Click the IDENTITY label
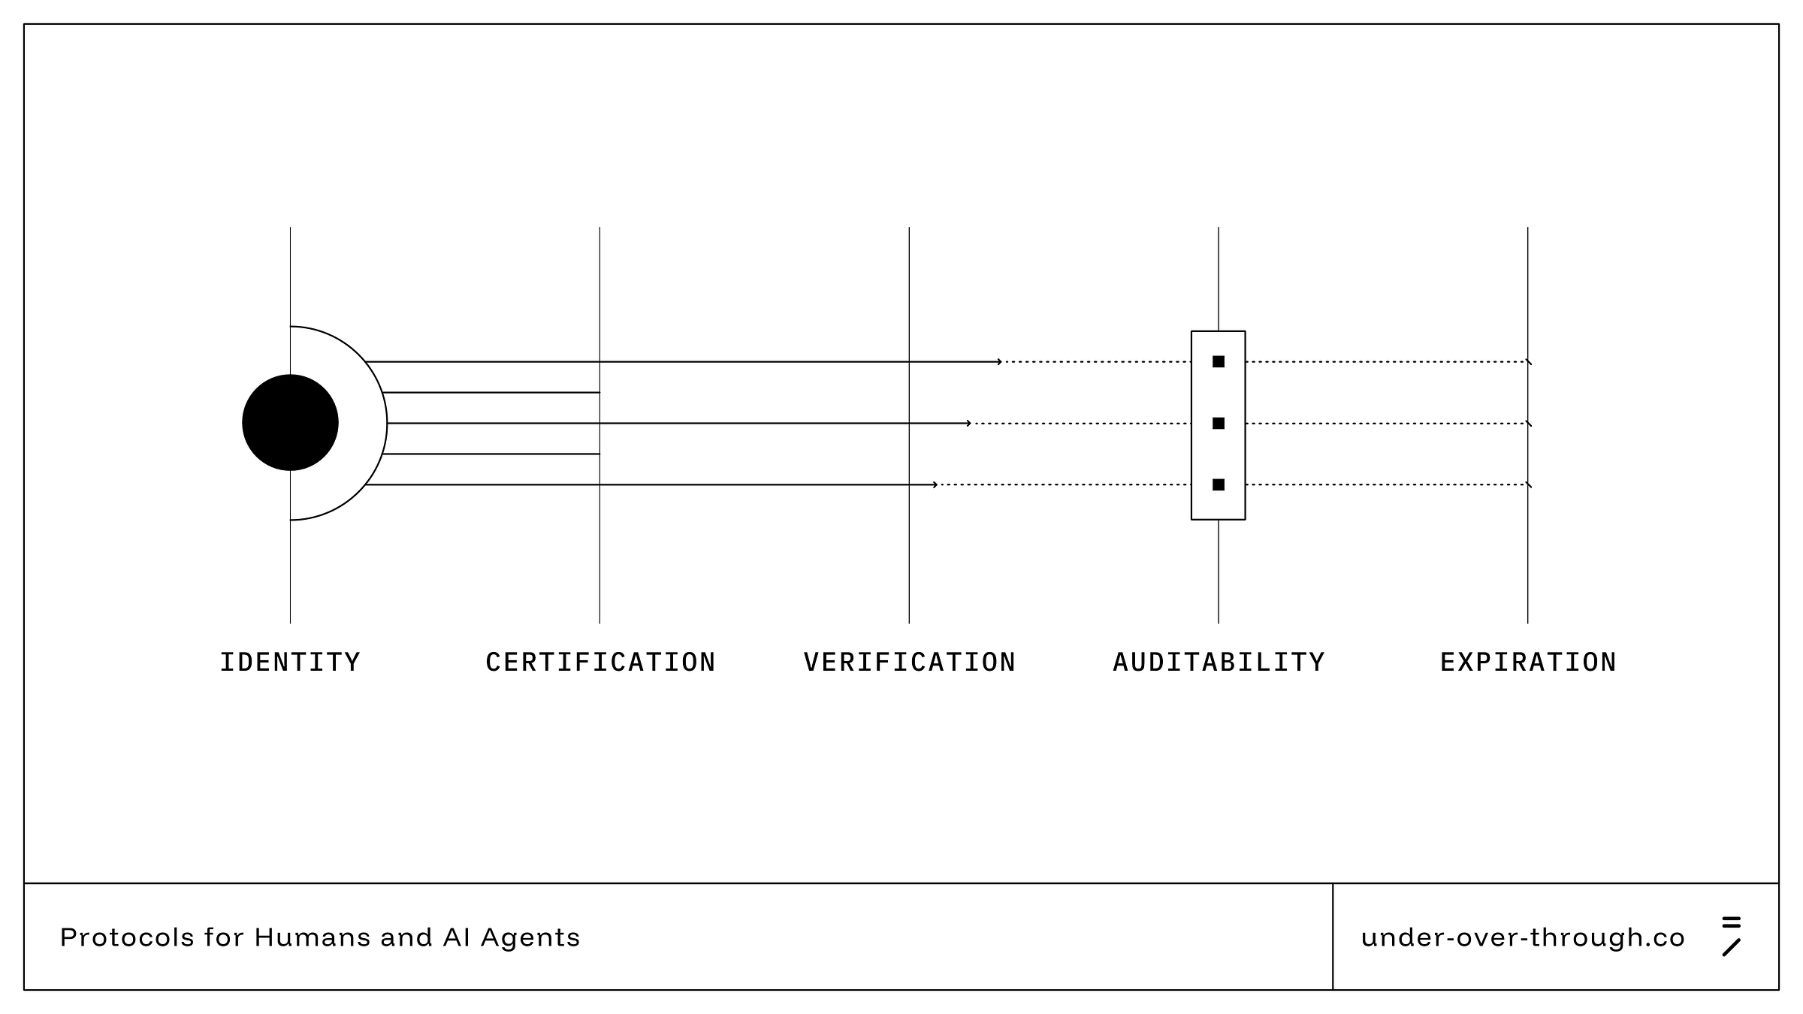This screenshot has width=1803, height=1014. point(290,662)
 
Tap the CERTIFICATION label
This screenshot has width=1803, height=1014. point(600,662)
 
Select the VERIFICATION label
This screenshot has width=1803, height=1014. point(909,662)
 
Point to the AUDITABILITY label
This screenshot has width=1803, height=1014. point(1219,662)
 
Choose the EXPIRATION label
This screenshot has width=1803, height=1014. point(1528,662)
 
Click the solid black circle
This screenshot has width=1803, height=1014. point(290,423)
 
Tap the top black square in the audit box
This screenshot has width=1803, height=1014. point(1219,362)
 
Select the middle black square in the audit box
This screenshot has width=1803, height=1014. point(1219,424)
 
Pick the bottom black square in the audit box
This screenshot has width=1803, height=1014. point(1219,485)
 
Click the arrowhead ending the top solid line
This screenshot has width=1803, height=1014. point(999,362)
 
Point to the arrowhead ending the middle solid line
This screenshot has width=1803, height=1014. point(969,424)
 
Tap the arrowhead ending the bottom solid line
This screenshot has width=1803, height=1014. point(935,485)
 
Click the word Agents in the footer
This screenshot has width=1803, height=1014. point(530,937)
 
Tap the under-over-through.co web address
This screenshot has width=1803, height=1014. point(1523,937)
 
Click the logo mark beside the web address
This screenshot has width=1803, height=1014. point(1732,937)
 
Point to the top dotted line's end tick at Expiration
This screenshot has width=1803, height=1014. point(1529,362)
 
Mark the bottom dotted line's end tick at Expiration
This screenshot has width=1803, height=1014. point(1529,485)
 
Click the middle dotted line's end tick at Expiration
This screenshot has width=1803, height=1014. point(1529,424)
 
